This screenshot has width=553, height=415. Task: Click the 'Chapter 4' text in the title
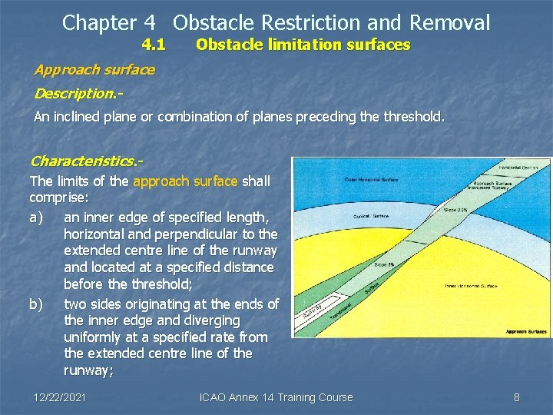[111, 23]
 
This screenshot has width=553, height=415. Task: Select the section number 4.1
[154, 45]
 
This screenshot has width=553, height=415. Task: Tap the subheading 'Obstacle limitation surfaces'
[303, 45]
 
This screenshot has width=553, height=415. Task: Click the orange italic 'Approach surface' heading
[94, 70]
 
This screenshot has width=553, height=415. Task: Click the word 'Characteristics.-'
[86, 161]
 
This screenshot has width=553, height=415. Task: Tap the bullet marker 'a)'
[36, 217]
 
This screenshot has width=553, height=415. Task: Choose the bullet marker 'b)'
[36, 304]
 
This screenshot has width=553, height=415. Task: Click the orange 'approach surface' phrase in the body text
[186, 182]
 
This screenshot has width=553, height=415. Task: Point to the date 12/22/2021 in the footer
[60, 397]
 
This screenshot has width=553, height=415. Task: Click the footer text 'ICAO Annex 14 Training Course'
[276, 397]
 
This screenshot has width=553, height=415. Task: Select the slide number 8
[516, 397]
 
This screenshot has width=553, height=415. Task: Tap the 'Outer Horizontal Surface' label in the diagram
[371, 181]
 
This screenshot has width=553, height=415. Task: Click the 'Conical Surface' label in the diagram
[371, 216]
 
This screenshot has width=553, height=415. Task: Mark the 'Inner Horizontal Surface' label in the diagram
[471, 286]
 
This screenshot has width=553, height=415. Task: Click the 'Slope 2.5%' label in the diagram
[455, 210]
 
